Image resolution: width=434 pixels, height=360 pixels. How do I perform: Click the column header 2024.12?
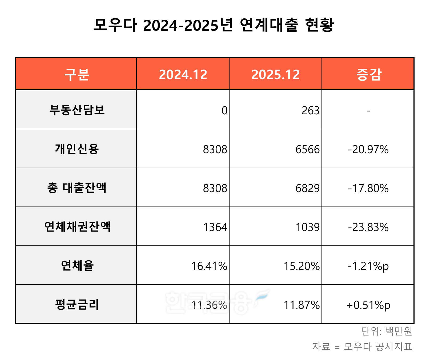(x=183, y=74)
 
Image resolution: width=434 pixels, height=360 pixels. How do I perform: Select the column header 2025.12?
(x=275, y=74)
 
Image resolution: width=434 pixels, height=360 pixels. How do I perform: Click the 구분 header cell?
(x=77, y=74)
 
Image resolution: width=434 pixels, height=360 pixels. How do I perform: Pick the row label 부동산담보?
(x=77, y=110)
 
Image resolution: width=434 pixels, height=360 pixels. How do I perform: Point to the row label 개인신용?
(x=77, y=149)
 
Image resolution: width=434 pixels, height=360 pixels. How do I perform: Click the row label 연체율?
(x=77, y=266)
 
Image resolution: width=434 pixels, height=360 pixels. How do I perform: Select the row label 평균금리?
(x=77, y=305)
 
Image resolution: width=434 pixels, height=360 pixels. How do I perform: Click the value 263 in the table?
(x=310, y=111)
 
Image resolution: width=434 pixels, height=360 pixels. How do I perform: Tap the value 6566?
(x=307, y=149)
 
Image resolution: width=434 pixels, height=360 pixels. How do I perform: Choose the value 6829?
(x=307, y=188)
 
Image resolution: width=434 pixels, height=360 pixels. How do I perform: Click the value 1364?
(x=215, y=227)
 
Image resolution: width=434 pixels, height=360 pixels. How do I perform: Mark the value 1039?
(x=307, y=227)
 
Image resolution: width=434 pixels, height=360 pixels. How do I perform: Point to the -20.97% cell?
(x=368, y=149)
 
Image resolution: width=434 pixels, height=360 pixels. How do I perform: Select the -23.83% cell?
(x=368, y=227)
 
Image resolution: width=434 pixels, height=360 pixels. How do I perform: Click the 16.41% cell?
(x=209, y=266)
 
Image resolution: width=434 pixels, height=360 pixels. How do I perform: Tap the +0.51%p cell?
(x=368, y=305)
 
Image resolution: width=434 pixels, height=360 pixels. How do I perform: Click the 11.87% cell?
(x=302, y=305)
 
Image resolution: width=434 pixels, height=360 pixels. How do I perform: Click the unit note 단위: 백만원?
(x=387, y=331)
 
